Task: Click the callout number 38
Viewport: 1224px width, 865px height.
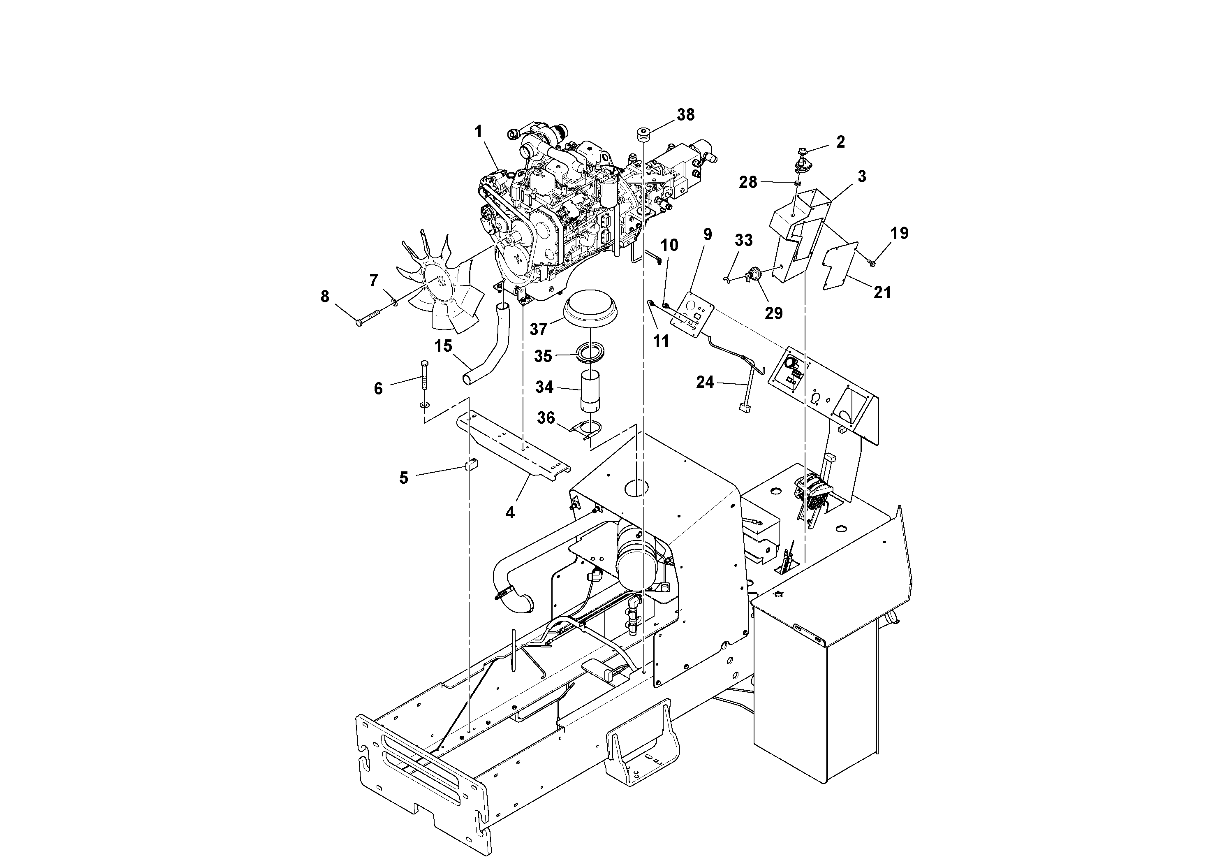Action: (685, 115)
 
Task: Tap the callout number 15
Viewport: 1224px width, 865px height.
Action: (443, 346)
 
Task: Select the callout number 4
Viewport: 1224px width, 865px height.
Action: (510, 513)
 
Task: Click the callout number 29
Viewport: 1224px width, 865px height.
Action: (773, 313)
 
